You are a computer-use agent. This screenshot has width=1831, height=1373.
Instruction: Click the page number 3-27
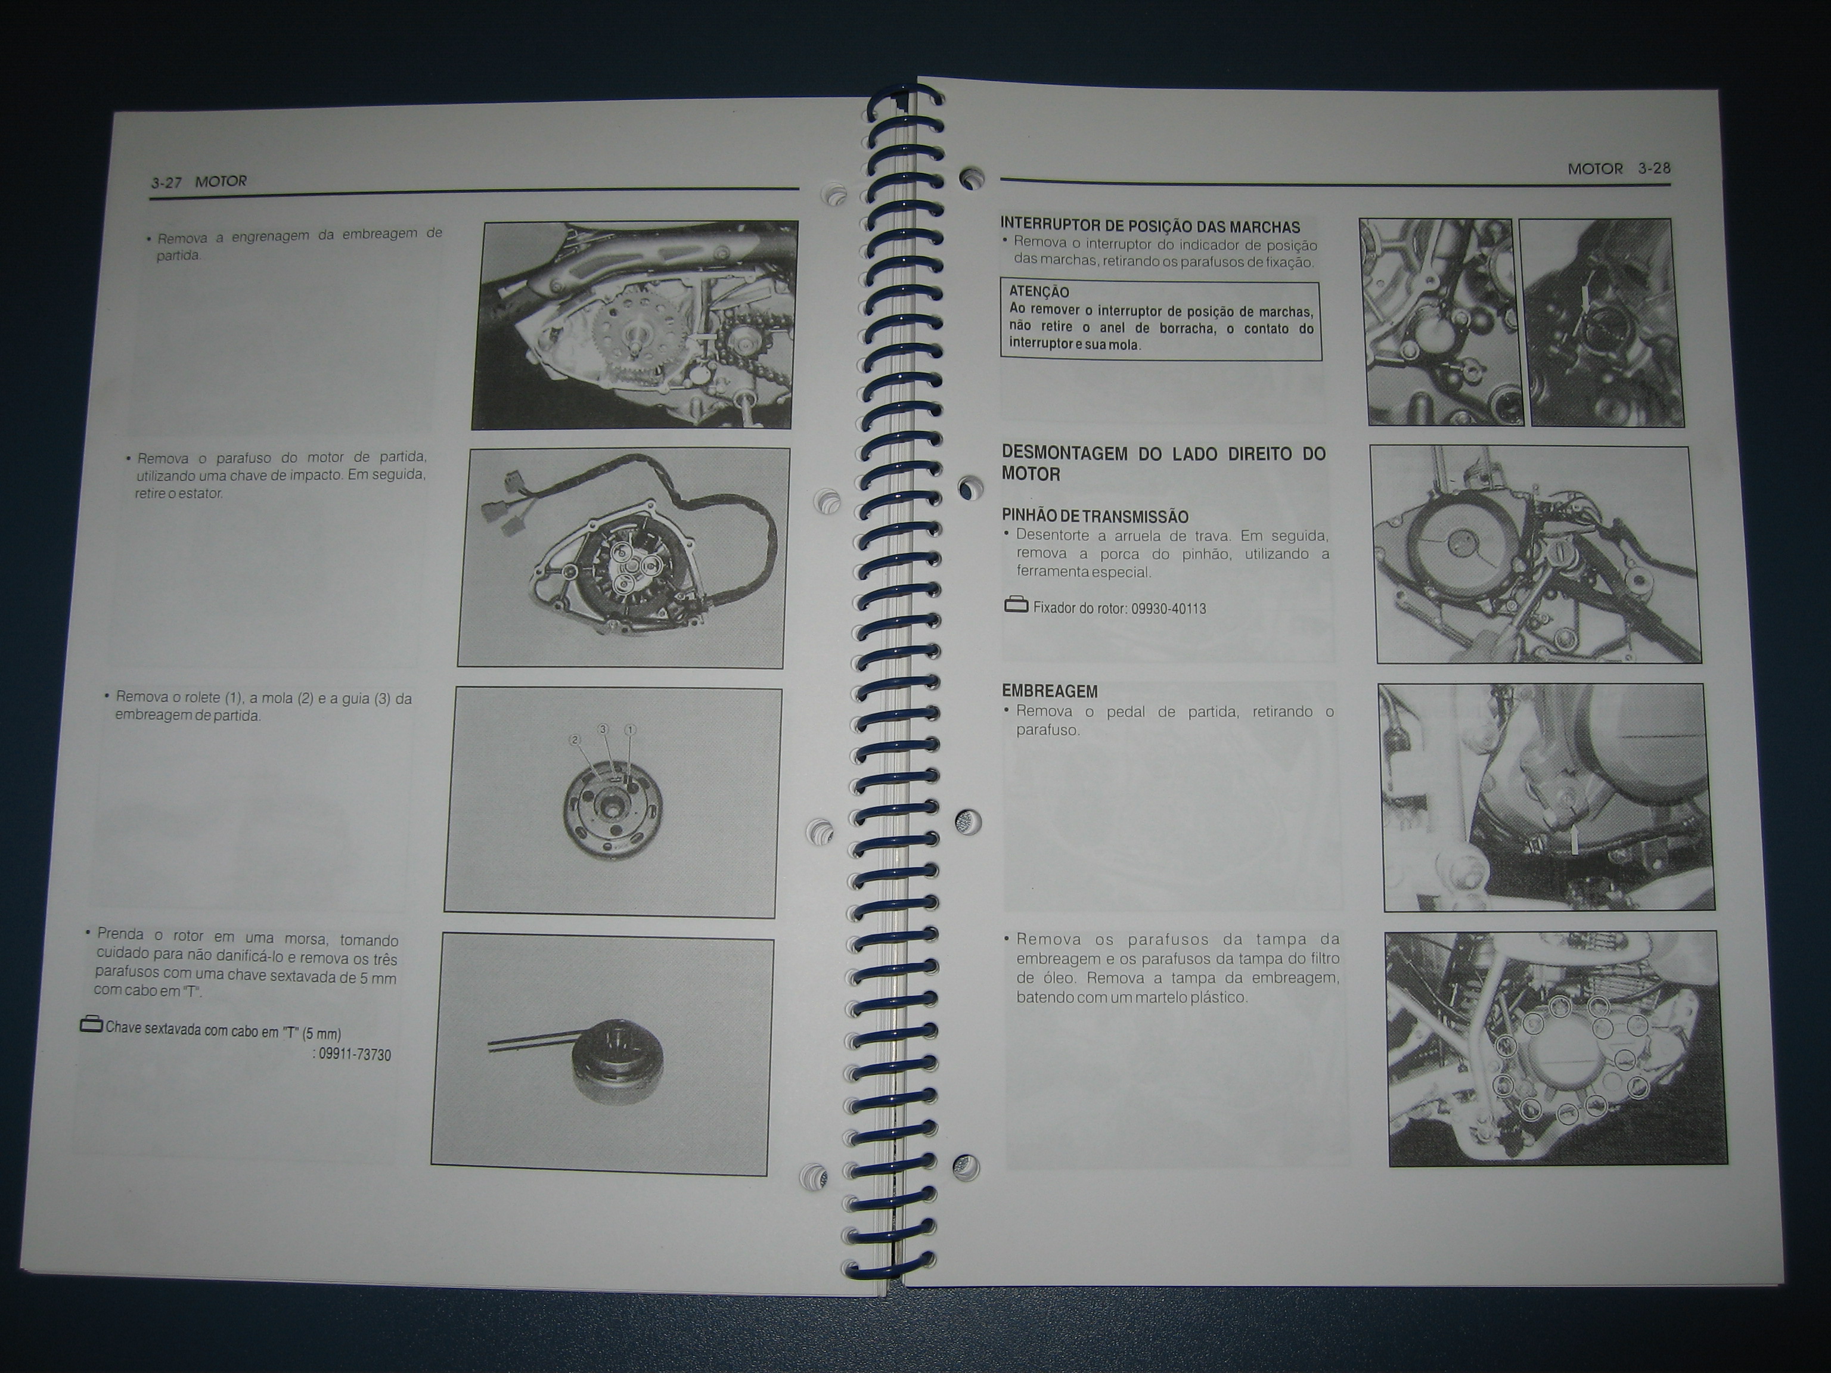click(166, 183)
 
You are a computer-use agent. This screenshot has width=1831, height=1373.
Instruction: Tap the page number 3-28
click(1654, 168)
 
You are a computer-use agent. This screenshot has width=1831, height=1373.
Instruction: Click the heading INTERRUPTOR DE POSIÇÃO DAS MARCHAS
click(1150, 225)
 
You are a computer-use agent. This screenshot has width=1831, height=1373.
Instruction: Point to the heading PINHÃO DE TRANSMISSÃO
click(1095, 517)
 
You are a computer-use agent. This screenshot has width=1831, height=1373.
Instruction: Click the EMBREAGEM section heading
click(1050, 691)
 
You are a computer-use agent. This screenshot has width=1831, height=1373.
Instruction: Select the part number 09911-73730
click(355, 1054)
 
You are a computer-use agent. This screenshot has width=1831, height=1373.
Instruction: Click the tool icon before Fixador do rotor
click(1016, 605)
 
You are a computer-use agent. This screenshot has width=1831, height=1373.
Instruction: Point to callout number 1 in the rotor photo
click(630, 730)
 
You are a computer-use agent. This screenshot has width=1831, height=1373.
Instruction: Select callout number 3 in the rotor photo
click(603, 728)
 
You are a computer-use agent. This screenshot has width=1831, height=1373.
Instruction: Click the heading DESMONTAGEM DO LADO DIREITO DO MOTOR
click(1163, 464)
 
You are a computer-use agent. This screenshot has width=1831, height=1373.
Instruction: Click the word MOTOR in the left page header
click(221, 181)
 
